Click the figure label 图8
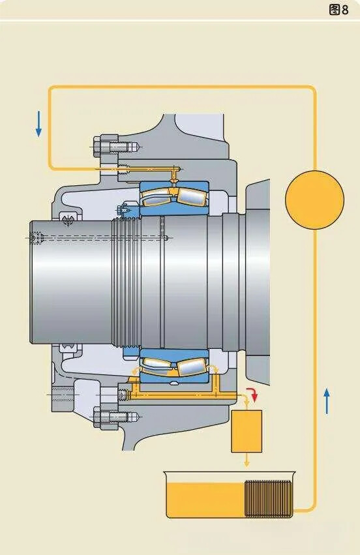point(338,10)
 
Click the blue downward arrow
point(38,124)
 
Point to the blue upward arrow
point(327,401)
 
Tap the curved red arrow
point(253,395)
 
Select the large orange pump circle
point(314,200)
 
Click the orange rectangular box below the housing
point(247,431)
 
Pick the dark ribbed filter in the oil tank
point(268,498)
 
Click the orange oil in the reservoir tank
point(205,500)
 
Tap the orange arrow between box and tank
point(247,461)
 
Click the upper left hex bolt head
point(102,146)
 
